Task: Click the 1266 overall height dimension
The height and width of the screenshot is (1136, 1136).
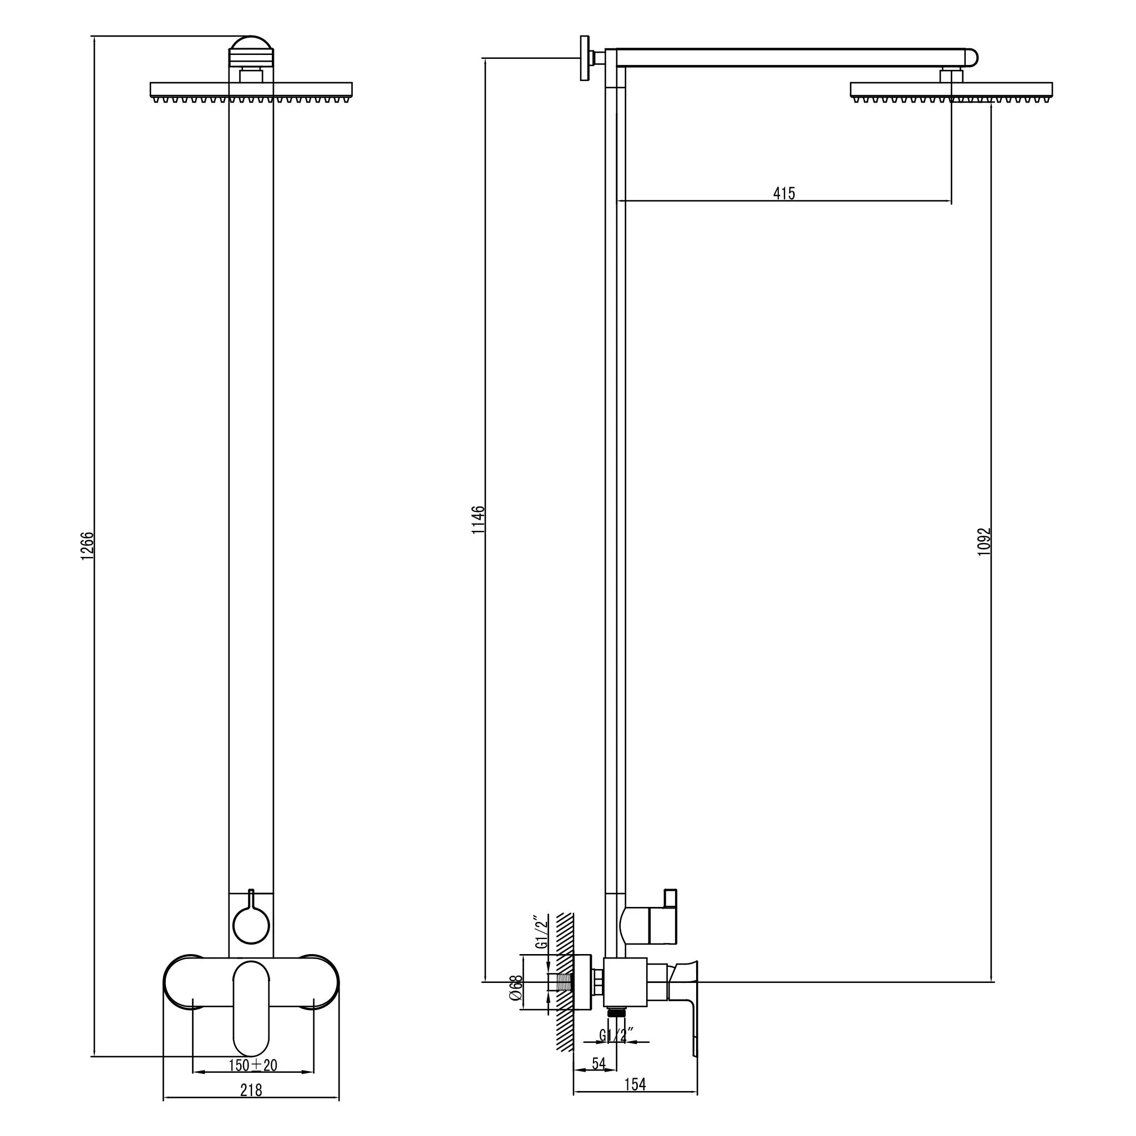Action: click(87, 546)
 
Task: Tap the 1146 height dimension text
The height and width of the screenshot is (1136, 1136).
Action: click(479, 519)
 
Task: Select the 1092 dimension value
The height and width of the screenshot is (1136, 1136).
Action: click(985, 541)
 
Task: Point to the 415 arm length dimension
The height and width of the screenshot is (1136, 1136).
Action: click(784, 193)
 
